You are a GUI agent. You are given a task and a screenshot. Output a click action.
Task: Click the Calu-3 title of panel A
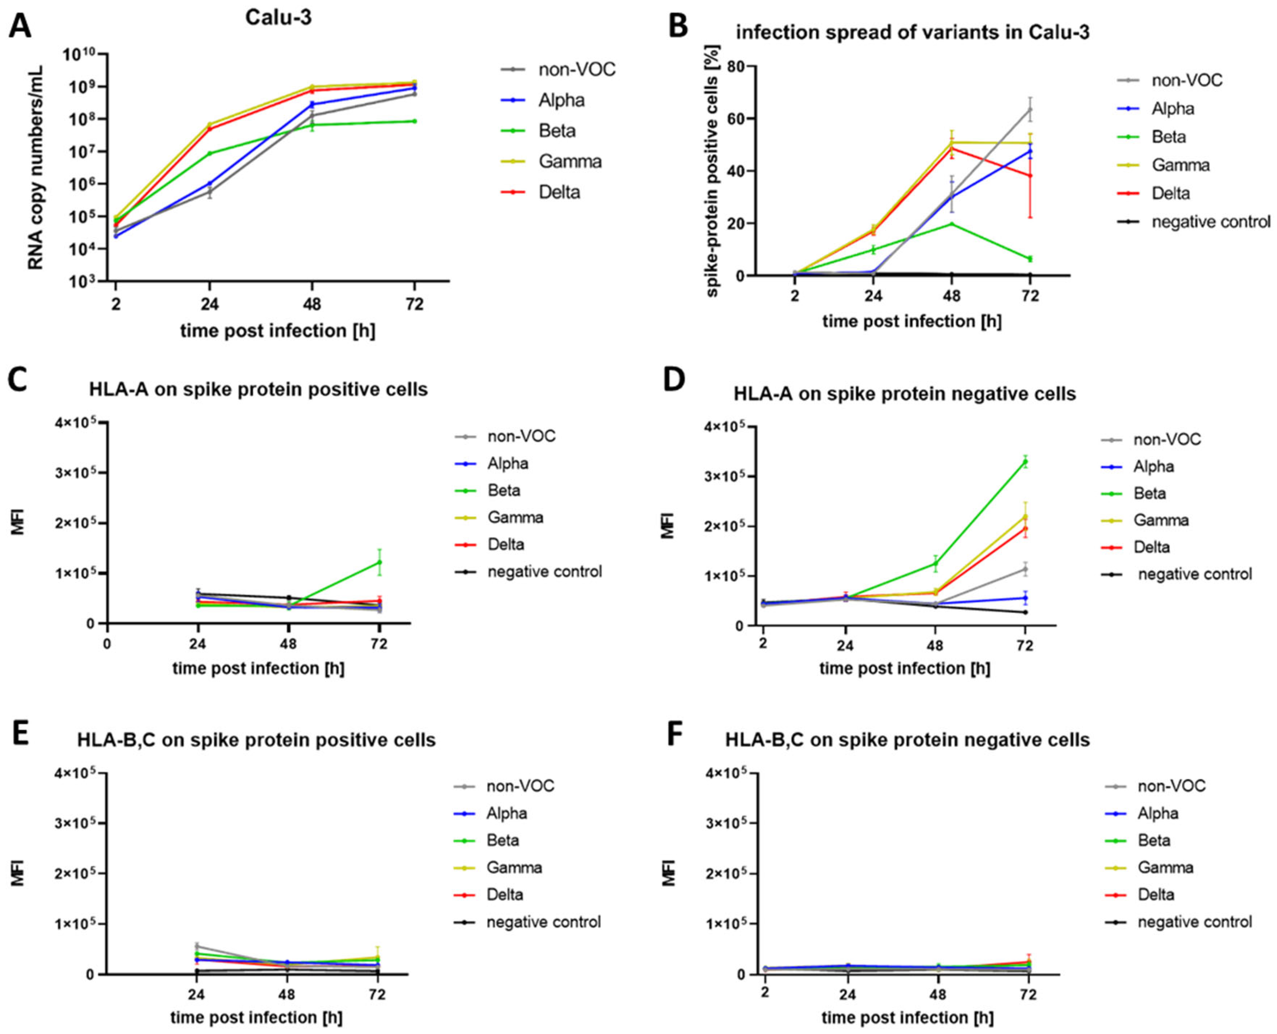click(x=278, y=18)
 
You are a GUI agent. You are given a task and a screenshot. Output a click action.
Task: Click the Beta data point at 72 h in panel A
click(x=414, y=121)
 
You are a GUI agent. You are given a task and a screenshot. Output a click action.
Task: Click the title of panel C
click(x=258, y=389)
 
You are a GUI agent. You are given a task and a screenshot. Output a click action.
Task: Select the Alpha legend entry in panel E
click(x=507, y=813)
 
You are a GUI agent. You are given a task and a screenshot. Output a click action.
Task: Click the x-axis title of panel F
click(x=907, y=1017)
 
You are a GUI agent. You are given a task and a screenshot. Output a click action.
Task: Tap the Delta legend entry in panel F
click(x=1155, y=894)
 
